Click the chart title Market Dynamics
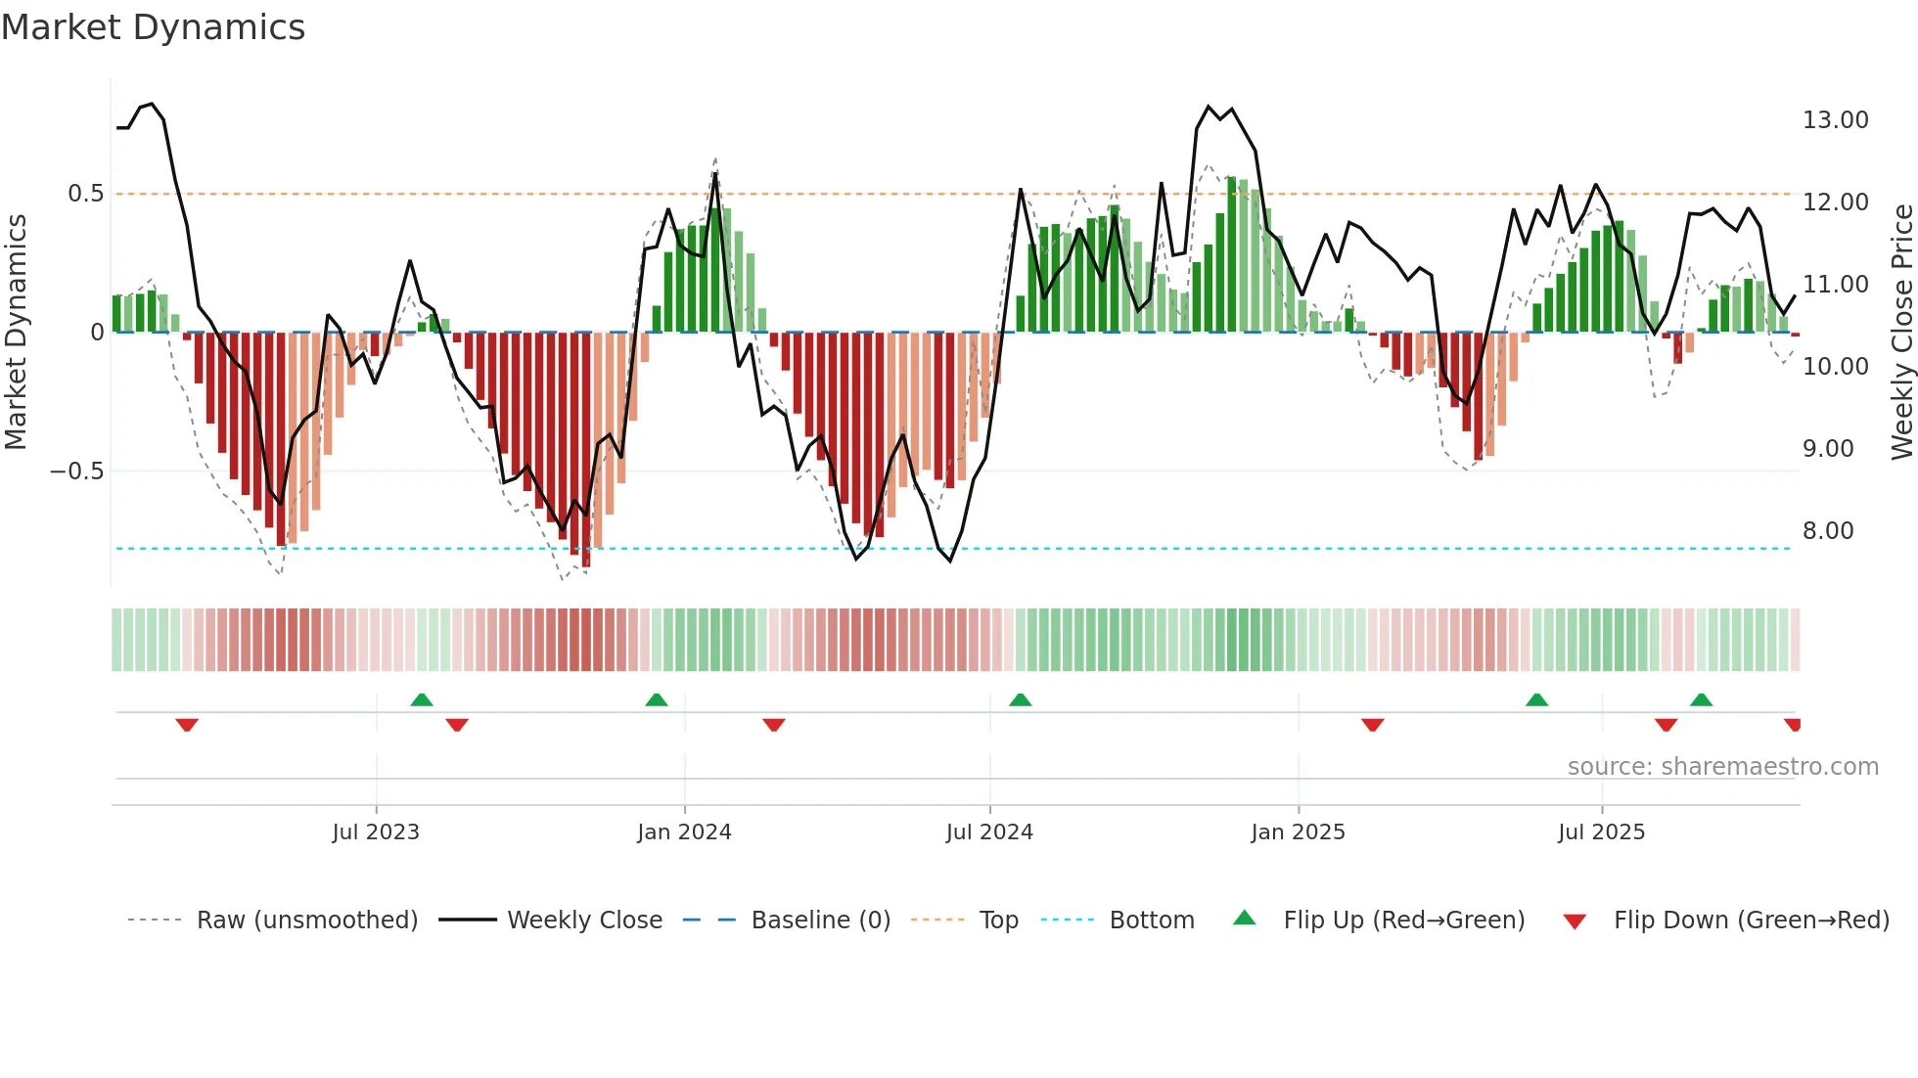pos(153,27)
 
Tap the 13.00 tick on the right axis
pos(1835,120)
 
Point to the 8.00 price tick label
pos(1828,531)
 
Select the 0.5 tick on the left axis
pos(85,194)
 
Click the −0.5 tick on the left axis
pos(76,472)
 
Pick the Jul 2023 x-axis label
pos(376,832)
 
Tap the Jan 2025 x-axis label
pos(1298,832)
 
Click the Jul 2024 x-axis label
pos(989,832)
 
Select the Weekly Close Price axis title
pos(1901,332)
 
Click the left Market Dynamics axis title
pos(16,332)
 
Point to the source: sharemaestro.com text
pos(1722,767)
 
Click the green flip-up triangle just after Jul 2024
pos(1020,700)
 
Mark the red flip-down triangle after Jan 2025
pos(1372,725)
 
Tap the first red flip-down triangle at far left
pos(187,725)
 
